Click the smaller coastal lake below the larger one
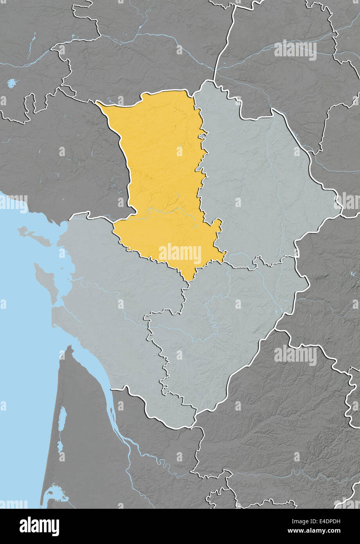(60, 446)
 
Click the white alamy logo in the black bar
(39, 526)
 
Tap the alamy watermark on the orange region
(180, 254)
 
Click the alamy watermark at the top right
(295, 50)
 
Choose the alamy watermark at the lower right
(295, 355)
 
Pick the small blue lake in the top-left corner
(13, 83)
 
